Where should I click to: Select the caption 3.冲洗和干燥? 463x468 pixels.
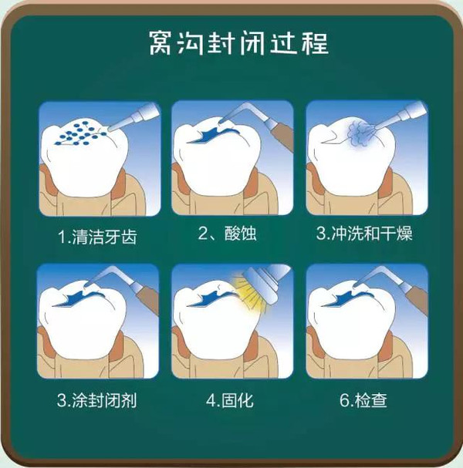pyautogui.click(x=363, y=234)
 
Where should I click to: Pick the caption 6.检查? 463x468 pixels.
pyautogui.click(x=363, y=400)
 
